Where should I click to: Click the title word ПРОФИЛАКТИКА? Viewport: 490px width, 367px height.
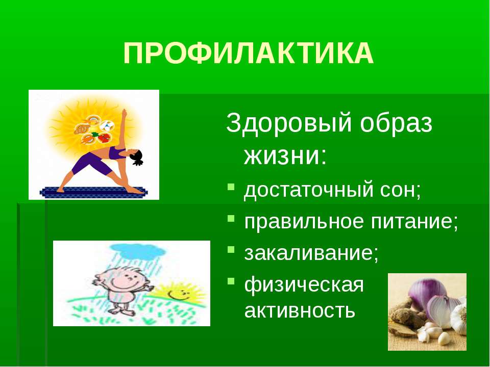[x=249, y=53]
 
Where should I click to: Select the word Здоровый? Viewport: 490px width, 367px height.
[x=289, y=123]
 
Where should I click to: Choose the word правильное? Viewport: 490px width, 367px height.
[x=304, y=222]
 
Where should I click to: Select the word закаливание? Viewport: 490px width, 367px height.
[x=311, y=253]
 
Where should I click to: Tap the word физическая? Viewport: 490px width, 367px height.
[x=304, y=285]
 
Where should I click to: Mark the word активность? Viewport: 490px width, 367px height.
[x=300, y=310]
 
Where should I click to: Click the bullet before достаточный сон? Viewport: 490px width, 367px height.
[x=231, y=187]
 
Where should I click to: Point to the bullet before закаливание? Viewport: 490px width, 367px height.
[x=231, y=250]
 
